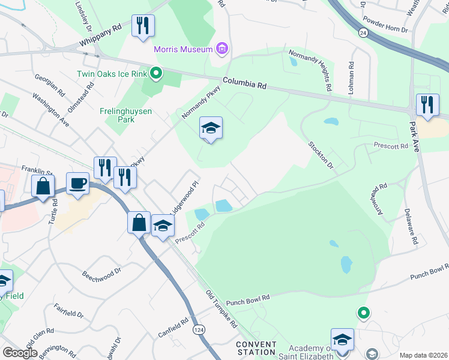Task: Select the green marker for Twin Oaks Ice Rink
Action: (156, 74)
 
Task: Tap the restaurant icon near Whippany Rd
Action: (142, 26)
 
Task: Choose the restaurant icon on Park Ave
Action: (427, 105)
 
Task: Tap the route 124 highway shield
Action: (198, 329)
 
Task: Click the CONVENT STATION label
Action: (256, 348)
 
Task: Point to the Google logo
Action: (19, 353)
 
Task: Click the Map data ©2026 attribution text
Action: (423, 355)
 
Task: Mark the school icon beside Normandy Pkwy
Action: (211, 128)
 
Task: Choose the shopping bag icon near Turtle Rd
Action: (44, 187)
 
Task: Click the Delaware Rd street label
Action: (411, 227)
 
